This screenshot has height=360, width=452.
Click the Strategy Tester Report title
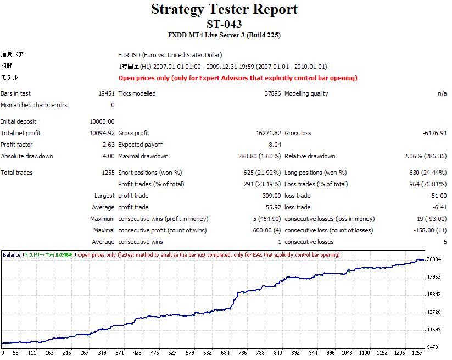(224, 9)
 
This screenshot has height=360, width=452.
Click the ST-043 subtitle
(224, 24)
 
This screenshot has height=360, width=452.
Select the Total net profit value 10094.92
(102, 133)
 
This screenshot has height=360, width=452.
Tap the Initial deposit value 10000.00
(102, 121)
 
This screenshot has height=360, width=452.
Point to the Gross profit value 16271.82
(269, 133)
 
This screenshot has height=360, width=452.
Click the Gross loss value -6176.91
(434, 133)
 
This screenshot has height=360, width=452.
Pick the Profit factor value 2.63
(109, 145)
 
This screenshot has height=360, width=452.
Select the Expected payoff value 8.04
(275, 145)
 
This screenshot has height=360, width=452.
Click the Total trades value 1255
(108, 173)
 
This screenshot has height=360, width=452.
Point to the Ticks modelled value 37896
(272, 93)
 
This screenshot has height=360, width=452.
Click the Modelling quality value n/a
(442, 93)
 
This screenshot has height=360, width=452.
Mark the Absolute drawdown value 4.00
(109, 156)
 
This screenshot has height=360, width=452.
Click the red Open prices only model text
(238, 78)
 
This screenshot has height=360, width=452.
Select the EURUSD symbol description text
(170, 55)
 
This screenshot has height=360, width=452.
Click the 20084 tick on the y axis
(434, 259)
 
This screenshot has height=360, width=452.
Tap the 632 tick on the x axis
(208, 353)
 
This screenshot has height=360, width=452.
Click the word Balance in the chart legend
(12, 255)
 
